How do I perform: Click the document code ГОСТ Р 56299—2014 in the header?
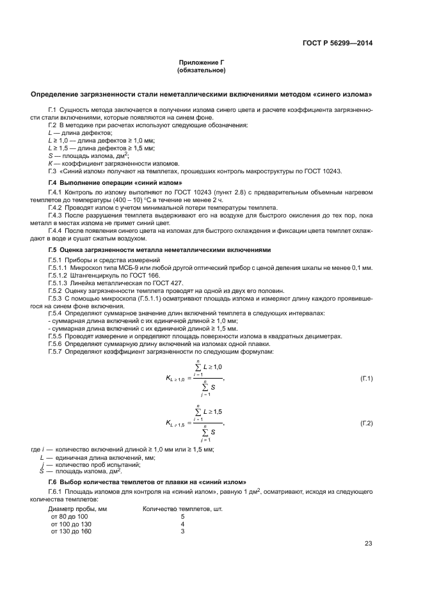point(337,43)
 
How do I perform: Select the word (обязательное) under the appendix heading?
point(202,70)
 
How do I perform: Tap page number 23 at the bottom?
point(368,544)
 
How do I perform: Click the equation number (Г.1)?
point(366,379)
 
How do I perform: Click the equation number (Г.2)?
point(366,423)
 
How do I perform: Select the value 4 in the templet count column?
point(182,524)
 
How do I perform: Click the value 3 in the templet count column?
point(182,531)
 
